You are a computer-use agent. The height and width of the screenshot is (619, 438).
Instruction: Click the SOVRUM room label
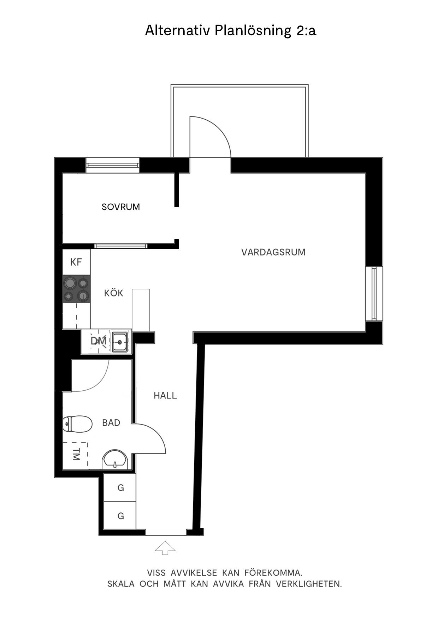(x=121, y=207)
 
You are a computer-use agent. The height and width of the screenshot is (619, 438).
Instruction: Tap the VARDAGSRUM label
(x=273, y=252)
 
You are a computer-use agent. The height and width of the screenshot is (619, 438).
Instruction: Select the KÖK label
(x=113, y=293)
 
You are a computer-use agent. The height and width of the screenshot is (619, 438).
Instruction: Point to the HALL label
(x=165, y=396)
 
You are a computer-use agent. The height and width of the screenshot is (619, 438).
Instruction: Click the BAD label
(x=111, y=423)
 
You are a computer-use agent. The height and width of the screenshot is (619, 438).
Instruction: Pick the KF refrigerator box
(x=76, y=262)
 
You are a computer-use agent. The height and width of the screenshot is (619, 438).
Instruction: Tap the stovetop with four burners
(x=76, y=289)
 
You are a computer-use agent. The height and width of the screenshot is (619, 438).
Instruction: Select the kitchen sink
(x=120, y=342)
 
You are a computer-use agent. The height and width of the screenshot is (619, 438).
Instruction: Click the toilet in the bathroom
(x=77, y=423)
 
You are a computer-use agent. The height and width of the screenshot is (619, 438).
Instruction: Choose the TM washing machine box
(x=75, y=456)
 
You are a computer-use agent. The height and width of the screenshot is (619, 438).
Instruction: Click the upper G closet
(x=120, y=488)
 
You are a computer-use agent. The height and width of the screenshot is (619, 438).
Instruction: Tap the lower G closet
(x=120, y=516)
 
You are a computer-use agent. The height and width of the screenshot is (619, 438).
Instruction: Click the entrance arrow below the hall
(x=165, y=548)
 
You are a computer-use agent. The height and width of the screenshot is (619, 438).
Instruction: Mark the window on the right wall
(x=374, y=294)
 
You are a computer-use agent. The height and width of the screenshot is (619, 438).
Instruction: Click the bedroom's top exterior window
(x=113, y=165)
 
